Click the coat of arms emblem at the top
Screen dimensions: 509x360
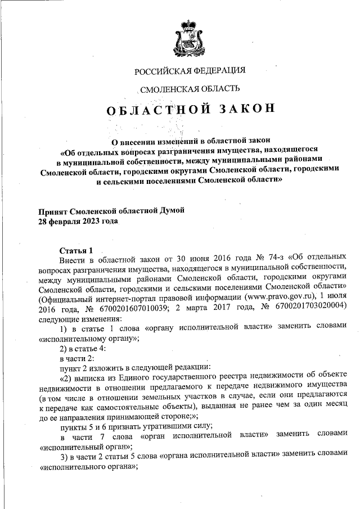point(190,35)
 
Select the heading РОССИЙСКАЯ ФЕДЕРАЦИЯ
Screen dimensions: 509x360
point(190,71)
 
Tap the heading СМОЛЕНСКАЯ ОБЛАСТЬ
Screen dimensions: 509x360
point(190,88)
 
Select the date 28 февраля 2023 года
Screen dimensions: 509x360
point(78,221)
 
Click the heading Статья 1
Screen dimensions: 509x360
point(75,250)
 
